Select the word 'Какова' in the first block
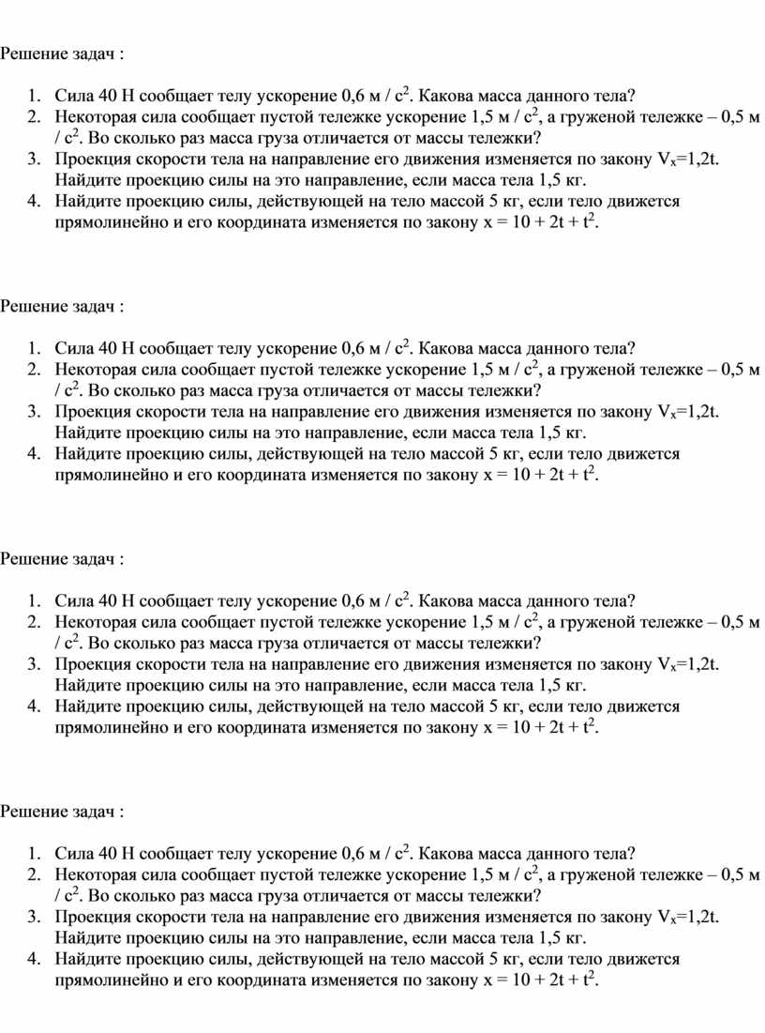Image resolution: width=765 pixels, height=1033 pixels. coord(447,95)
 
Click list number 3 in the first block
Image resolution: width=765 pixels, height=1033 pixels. coord(34,160)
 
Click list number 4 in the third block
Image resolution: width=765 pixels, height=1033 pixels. coord(34,706)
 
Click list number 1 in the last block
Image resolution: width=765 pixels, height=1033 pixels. coord(34,853)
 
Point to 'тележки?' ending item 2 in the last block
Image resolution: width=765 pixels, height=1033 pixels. coord(511,895)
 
